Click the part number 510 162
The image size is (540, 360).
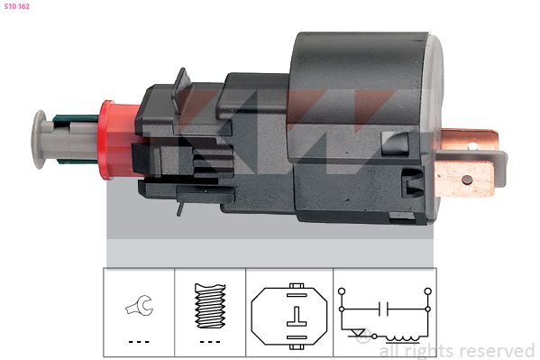click(16, 6)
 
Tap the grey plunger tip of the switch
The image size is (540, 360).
click(39, 140)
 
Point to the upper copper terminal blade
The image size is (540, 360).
click(470, 141)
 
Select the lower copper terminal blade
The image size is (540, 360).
click(465, 180)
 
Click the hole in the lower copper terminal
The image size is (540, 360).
click(467, 180)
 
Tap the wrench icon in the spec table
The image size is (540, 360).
click(140, 305)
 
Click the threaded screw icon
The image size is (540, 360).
click(210, 306)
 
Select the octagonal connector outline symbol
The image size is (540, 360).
click(289, 316)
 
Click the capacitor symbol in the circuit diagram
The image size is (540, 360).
click(383, 309)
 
